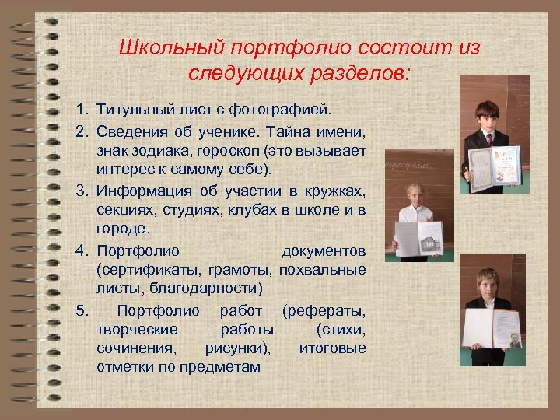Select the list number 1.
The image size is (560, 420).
point(81,106)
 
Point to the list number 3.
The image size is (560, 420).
point(81,191)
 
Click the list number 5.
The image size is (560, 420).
point(81,311)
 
